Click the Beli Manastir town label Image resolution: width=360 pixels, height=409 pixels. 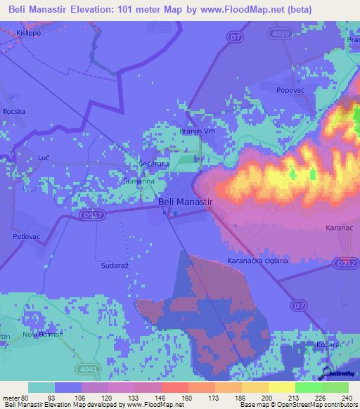pos(186,202)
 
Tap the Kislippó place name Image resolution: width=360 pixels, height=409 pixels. pos(29,33)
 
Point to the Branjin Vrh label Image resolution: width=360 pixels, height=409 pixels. pos(198,131)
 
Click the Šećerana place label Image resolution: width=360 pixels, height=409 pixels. pos(155,164)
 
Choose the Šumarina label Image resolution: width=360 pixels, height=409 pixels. pos(139,181)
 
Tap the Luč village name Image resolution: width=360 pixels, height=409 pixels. pos(24,159)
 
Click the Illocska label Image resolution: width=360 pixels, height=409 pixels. pos(14,112)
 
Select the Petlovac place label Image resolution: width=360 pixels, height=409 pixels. pos(27,237)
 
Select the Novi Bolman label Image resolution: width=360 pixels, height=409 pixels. pos(43,334)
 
